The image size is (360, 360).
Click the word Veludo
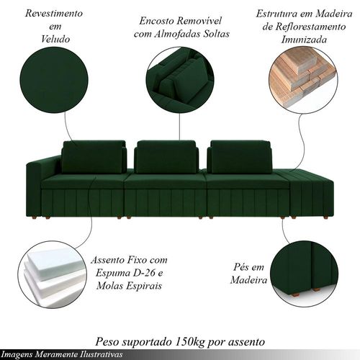[x=55, y=39]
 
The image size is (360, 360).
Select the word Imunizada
[x=304, y=40]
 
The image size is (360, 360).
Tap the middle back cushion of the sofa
[x=166, y=157]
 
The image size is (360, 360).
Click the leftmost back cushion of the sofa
[x=94, y=157]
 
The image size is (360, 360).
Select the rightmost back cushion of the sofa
[x=240, y=157]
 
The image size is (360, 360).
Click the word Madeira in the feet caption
[x=248, y=280]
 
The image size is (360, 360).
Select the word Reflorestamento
[x=311, y=27]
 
